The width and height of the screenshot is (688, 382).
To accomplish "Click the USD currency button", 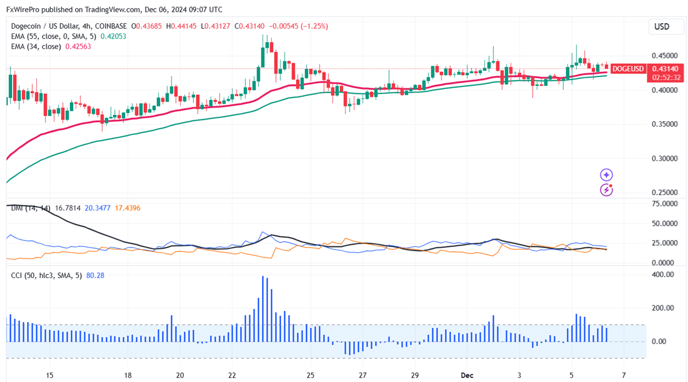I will (x=661, y=27).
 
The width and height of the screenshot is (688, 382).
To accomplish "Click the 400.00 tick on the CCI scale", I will (x=663, y=275).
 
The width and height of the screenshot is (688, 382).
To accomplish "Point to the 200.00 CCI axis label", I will (x=663, y=308).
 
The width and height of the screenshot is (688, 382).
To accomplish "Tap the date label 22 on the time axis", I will (x=231, y=375).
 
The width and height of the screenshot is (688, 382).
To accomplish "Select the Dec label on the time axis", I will (x=468, y=375).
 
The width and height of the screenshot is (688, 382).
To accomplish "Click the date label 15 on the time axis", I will (x=50, y=375).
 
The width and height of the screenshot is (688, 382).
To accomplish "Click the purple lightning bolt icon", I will (x=607, y=189).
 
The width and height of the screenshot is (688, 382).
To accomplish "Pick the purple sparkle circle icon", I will (x=607, y=175).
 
